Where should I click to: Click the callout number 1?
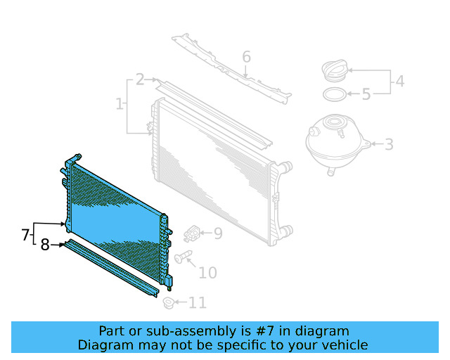point(119,105)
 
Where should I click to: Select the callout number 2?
point(140,79)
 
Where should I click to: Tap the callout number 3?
point(388,146)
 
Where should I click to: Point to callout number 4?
point(399,82)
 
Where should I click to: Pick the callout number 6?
point(246,56)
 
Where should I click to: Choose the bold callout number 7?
point(25,234)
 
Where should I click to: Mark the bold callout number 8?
point(45,245)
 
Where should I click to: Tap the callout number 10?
point(207,273)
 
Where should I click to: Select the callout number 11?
point(198,303)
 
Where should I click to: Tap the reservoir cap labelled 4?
point(334,72)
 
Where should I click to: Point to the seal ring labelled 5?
point(335,94)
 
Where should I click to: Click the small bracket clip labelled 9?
point(192,233)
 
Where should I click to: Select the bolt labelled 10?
point(183,258)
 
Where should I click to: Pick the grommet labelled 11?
point(168,303)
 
